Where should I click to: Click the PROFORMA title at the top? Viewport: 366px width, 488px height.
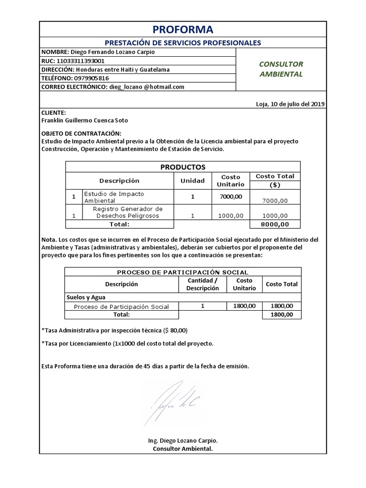[183, 30]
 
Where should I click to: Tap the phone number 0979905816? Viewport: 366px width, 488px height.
[91, 78]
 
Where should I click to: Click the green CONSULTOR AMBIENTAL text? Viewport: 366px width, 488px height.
[281, 69]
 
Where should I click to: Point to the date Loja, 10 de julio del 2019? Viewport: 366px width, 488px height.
[290, 104]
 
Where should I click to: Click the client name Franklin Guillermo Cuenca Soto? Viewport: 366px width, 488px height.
[85, 121]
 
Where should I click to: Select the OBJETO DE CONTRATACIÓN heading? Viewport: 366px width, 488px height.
[81, 133]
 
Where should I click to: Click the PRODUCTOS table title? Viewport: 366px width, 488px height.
[183, 167]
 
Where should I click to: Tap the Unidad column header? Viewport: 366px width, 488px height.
[193, 181]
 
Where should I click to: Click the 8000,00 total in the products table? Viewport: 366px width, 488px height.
[275, 224]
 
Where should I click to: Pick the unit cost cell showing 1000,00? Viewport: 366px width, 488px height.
[231, 215]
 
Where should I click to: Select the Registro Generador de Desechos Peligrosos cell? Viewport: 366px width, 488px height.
[127, 212]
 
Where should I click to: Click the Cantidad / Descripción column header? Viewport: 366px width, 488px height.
[203, 284]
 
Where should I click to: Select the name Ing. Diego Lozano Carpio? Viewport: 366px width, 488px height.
[183, 441]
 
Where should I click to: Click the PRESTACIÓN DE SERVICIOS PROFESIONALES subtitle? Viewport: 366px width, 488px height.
[183, 42]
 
